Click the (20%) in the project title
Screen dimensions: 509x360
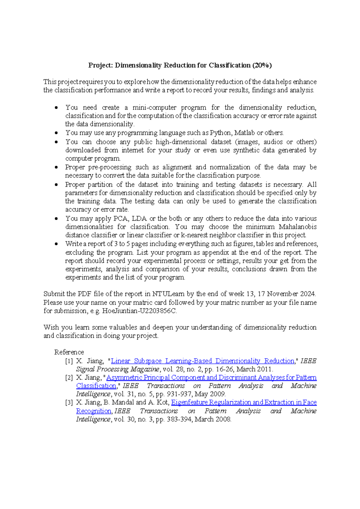tap(262, 65)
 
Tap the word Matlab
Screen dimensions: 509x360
tap(244, 133)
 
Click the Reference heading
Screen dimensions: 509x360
tap(69, 352)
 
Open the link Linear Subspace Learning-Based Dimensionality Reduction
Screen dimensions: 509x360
tap(202, 361)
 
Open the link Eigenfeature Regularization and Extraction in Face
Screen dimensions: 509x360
tap(244, 402)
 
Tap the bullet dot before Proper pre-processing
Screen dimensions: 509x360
tap(56, 167)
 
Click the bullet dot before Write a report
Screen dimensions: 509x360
tap(56, 244)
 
